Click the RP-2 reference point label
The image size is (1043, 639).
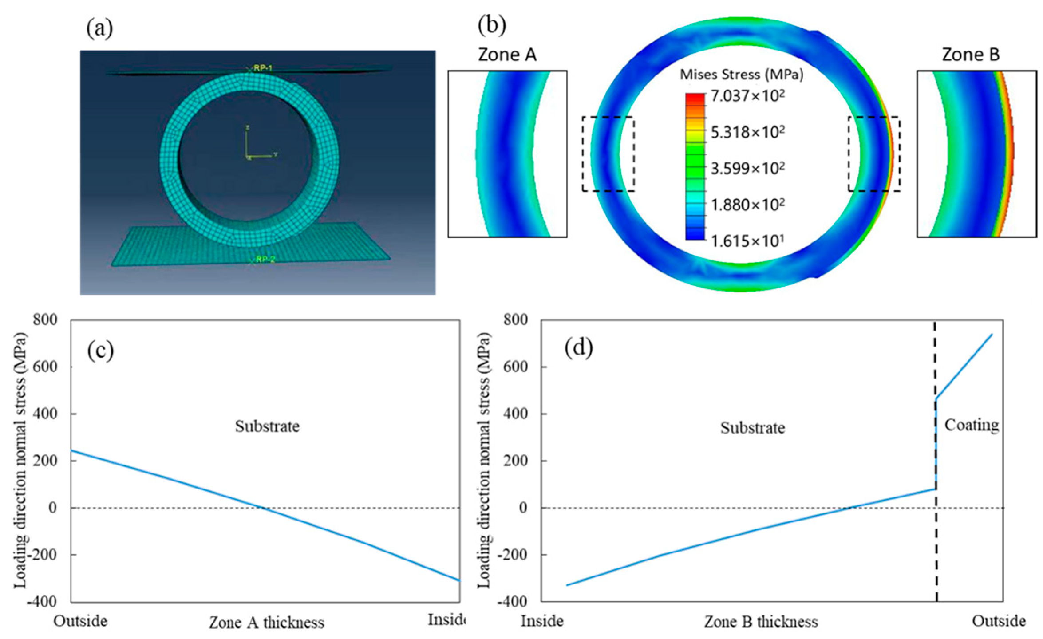[x=265, y=259]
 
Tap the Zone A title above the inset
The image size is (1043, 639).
[x=507, y=55]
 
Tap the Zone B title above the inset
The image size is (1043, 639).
[x=970, y=55]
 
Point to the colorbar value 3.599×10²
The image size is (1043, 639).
[x=747, y=168]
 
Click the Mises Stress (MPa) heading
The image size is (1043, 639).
[x=741, y=74]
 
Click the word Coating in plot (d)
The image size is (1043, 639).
[x=971, y=425]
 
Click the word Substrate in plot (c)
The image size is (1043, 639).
[x=267, y=426]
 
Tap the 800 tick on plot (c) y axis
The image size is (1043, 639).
[x=45, y=319]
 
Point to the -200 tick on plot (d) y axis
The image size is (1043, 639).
[x=515, y=555]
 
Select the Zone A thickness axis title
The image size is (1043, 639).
[x=266, y=623]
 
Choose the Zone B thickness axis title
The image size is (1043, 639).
[x=761, y=622]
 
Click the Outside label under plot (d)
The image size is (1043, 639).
[x=999, y=621]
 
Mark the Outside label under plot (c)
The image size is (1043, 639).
[x=80, y=621]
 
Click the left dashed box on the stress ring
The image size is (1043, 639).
[x=608, y=154]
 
